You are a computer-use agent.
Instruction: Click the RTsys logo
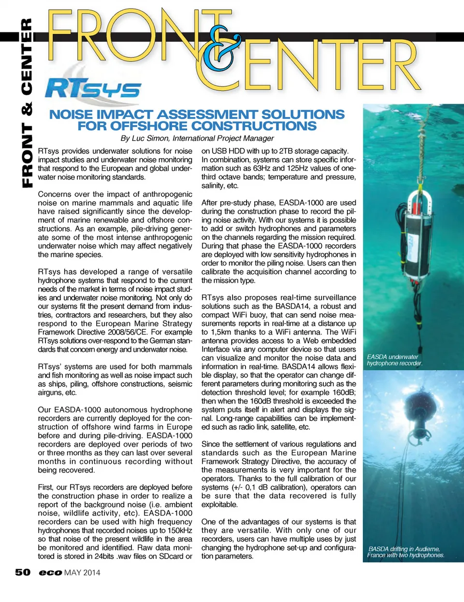(93, 88)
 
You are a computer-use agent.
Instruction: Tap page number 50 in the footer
(22, 573)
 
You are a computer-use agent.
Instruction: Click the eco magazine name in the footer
(50, 573)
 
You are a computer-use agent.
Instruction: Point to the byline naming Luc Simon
(197, 138)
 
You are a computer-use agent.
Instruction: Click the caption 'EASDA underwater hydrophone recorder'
(394, 360)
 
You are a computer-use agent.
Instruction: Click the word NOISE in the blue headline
(71, 115)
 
